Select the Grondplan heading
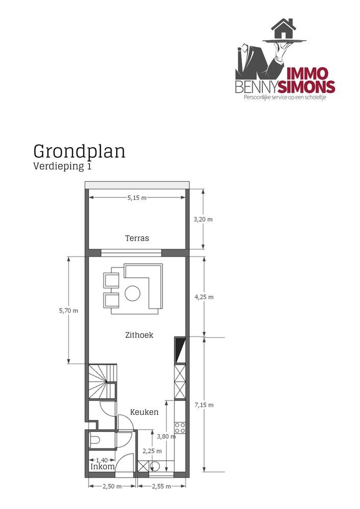pyautogui.click(x=79, y=151)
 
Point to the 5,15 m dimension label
pyautogui.click(x=137, y=199)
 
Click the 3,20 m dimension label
pyautogui.click(x=203, y=219)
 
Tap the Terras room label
pyautogui.click(x=137, y=238)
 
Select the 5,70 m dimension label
pyautogui.click(x=68, y=310)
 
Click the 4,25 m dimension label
pyautogui.click(x=203, y=296)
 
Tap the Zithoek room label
pyautogui.click(x=139, y=335)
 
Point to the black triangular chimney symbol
pyautogui.click(x=179, y=349)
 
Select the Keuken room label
pyautogui.click(x=144, y=412)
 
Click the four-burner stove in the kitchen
pyautogui.click(x=180, y=428)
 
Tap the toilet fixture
pyautogui.click(x=95, y=439)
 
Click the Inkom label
pyautogui.click(x=102, y=466)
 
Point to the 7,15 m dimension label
pyautogui.click(x=203, y=405)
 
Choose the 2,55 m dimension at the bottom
pyautogui.click(x=161, y=487)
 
